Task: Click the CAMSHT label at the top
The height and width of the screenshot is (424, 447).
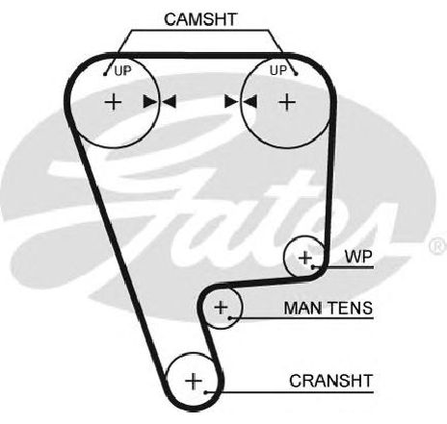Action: pos(200,19)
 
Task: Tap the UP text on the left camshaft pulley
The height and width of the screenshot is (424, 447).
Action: pos(123,71)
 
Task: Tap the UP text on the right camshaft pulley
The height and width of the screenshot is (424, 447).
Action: pos(278,70)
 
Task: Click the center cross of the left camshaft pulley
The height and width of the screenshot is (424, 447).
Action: pos(113,102)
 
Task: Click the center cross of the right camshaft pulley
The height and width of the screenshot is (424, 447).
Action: pos(287,102)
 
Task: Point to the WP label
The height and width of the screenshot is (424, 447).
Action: pos(358,257)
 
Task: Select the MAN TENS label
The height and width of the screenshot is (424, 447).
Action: pos(329,308)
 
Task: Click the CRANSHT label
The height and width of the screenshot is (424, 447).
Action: pos(330,381)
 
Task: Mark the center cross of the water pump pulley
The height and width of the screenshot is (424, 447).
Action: pos(305,258)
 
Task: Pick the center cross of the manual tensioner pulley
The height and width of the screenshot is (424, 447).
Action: pos(221,308)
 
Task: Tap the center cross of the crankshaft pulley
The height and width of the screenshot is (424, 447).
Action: pos(194,382)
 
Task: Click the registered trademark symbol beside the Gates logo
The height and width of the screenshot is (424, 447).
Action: pos(438,246)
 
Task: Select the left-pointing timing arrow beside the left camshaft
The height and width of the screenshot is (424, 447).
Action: pos(169,102)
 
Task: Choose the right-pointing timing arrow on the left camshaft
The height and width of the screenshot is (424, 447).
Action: pos(150,102)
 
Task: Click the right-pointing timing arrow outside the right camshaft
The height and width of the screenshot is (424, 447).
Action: pos(232,102)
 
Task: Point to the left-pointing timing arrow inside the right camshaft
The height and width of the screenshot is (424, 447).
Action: pos(250,102)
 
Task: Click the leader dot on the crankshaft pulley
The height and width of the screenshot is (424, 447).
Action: pos(206,392)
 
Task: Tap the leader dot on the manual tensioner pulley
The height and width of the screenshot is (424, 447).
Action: pos(230,318)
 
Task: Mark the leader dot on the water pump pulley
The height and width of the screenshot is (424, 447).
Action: pos(313,266)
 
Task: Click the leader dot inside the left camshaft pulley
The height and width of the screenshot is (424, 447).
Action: pos(105,74)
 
